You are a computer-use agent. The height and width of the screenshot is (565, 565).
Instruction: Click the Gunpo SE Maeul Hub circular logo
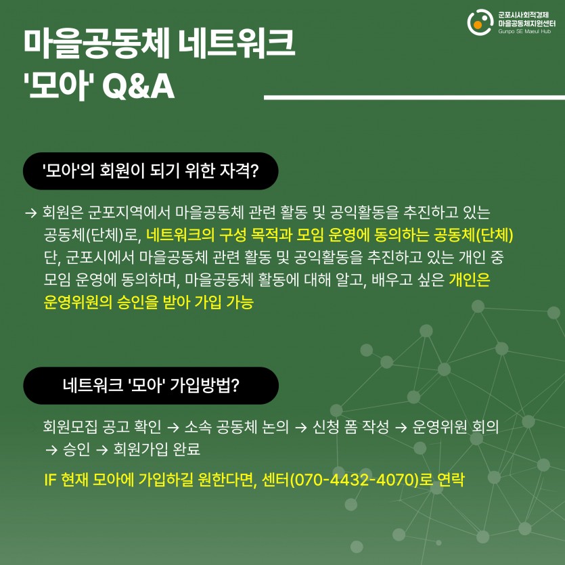point(480,22)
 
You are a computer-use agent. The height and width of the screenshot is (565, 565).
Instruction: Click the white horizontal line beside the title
point(414,97)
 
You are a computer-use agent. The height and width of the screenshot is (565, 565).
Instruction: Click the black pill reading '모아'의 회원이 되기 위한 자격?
point(151,171)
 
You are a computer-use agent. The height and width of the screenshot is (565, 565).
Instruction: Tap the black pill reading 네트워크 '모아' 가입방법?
point(151,386)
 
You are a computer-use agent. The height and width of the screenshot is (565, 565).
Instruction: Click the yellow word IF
point(50,480)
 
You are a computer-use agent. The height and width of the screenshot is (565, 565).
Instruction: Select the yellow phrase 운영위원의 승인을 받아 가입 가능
point(148,302)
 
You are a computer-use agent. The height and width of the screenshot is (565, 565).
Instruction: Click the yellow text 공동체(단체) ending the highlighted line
point(473,235)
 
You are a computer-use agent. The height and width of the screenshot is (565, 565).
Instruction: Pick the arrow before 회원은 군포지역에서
point(31,212)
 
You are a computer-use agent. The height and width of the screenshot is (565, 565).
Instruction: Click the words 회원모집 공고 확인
point(102,427)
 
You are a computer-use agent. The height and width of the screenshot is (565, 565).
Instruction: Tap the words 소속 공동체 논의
point(236,427)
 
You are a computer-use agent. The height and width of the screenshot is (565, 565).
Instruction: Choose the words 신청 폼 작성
point(351,427)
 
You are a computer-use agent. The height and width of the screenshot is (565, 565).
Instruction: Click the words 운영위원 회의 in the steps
point(455,427)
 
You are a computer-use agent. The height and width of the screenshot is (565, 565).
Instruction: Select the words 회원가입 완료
point(157,449)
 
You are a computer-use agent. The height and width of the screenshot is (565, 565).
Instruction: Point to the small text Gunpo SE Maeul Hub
point(524,31)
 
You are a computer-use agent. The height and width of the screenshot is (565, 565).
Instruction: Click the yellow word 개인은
point(470,279)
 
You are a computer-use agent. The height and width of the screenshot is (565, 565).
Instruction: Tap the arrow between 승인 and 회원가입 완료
point(102,450)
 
